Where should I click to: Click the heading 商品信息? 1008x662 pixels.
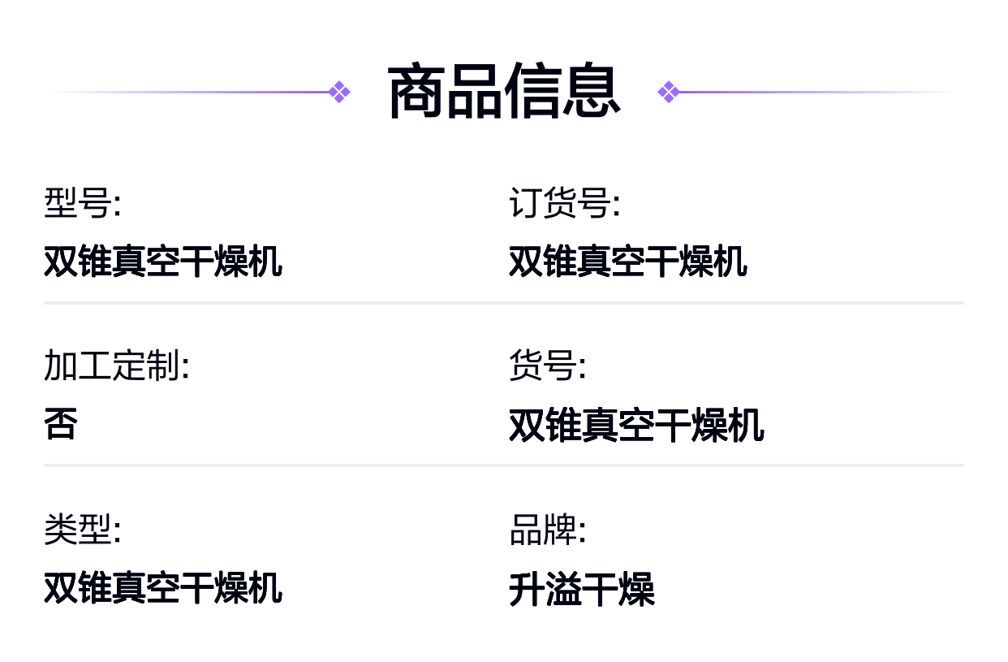coord(504,92)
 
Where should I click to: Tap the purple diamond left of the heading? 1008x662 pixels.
coord(339,92)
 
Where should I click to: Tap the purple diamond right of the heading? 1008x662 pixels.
coord(669,92)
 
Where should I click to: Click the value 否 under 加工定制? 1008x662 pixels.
coord(61,423)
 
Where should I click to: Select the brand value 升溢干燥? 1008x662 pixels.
coord(582,589)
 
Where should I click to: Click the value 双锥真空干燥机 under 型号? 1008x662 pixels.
coord(163,262)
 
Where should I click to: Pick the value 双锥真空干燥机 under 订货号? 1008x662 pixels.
coord(628,262)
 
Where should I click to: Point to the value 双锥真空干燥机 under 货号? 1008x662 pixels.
coord(636,425)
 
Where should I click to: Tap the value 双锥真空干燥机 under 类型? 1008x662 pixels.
coord(163,588)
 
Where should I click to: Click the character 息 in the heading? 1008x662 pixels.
coord(592,92)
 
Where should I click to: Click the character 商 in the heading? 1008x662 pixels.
coord(416,92)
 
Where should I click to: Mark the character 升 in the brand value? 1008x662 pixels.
coord(527,589)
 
